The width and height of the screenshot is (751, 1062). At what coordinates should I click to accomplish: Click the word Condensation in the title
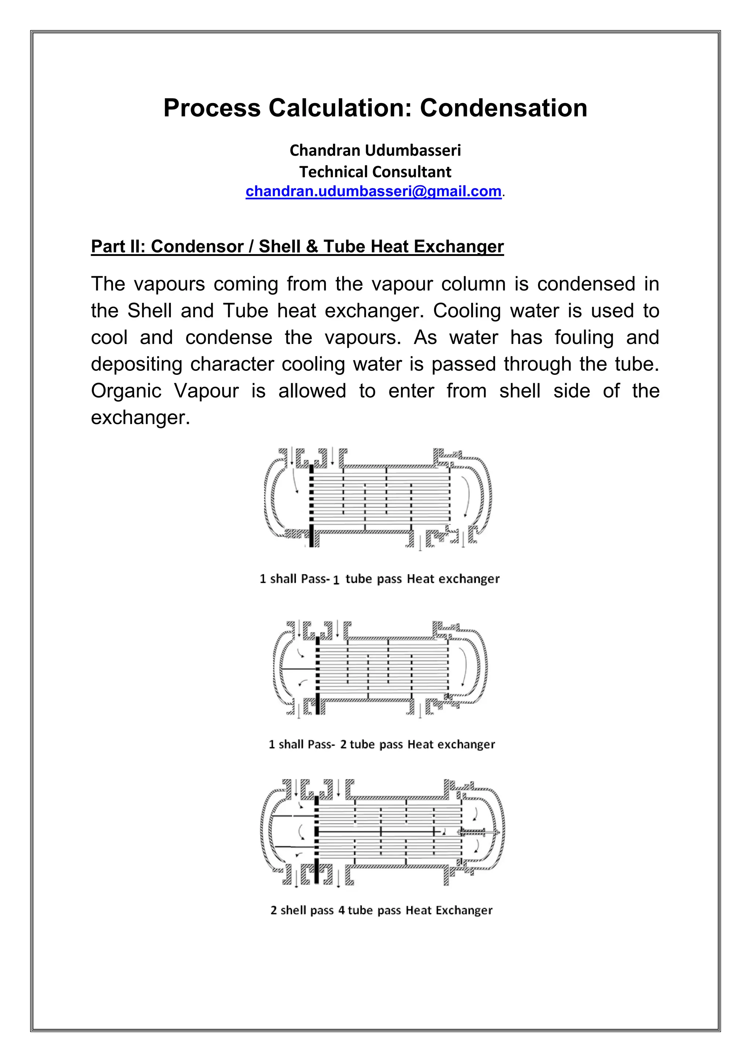tap(503, 108)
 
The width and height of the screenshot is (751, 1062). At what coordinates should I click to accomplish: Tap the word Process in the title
tap(212, 108)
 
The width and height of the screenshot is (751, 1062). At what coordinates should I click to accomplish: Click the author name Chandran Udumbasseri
tap(375, 150)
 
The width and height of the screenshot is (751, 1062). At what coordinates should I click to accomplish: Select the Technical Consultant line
tap(375, 172)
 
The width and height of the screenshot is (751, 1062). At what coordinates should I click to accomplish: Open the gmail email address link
tap(373, 191)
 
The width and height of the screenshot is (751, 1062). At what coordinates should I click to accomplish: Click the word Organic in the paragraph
tap(126, 391)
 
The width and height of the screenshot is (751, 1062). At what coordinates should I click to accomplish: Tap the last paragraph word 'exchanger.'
tap(140, 418)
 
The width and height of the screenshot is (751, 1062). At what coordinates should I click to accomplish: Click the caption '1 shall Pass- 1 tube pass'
tap(380, 579)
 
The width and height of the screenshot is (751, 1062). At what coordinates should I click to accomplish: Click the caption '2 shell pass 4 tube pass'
tap(381, 910)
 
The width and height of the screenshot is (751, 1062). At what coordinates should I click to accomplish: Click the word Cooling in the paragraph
tap(466, 311)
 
